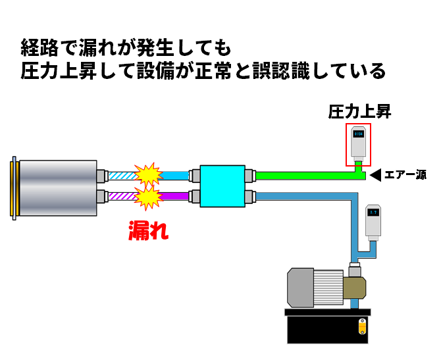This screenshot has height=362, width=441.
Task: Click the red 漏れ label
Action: coord(148,230)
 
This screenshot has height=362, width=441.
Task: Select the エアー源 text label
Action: coord(405,175)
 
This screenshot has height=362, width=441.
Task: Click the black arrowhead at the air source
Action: coord(375,175)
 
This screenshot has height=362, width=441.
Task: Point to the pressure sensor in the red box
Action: coord(359,142)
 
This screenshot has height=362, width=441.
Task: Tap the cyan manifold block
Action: coord(222,186)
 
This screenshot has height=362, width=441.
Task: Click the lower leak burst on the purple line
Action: coord(149,196)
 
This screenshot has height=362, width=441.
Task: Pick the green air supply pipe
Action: coord(303,176)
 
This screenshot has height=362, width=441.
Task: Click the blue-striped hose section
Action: coord(122,176)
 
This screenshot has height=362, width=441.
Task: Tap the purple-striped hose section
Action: coord(122,196)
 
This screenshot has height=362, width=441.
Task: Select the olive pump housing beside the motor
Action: coord(353,287)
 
